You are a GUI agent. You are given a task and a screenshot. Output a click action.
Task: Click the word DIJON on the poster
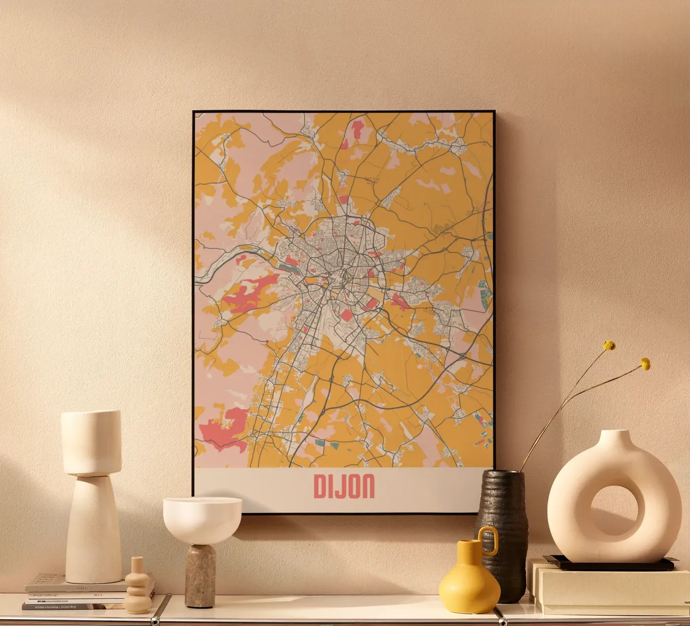click(x=344, y=486)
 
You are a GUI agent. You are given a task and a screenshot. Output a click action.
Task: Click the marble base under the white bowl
click(x=200, y=575)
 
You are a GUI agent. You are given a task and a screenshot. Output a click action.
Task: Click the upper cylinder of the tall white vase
click(x=91, y=442)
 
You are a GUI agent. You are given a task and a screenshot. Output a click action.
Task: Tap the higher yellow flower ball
click(x=609, y=346)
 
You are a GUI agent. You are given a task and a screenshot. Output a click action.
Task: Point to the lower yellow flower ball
click(x=645, y=364)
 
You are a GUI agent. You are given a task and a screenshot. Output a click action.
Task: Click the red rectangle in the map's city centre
click(x=347, y=315)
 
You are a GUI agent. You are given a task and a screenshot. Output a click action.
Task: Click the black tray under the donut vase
click(x=611, y=563)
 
